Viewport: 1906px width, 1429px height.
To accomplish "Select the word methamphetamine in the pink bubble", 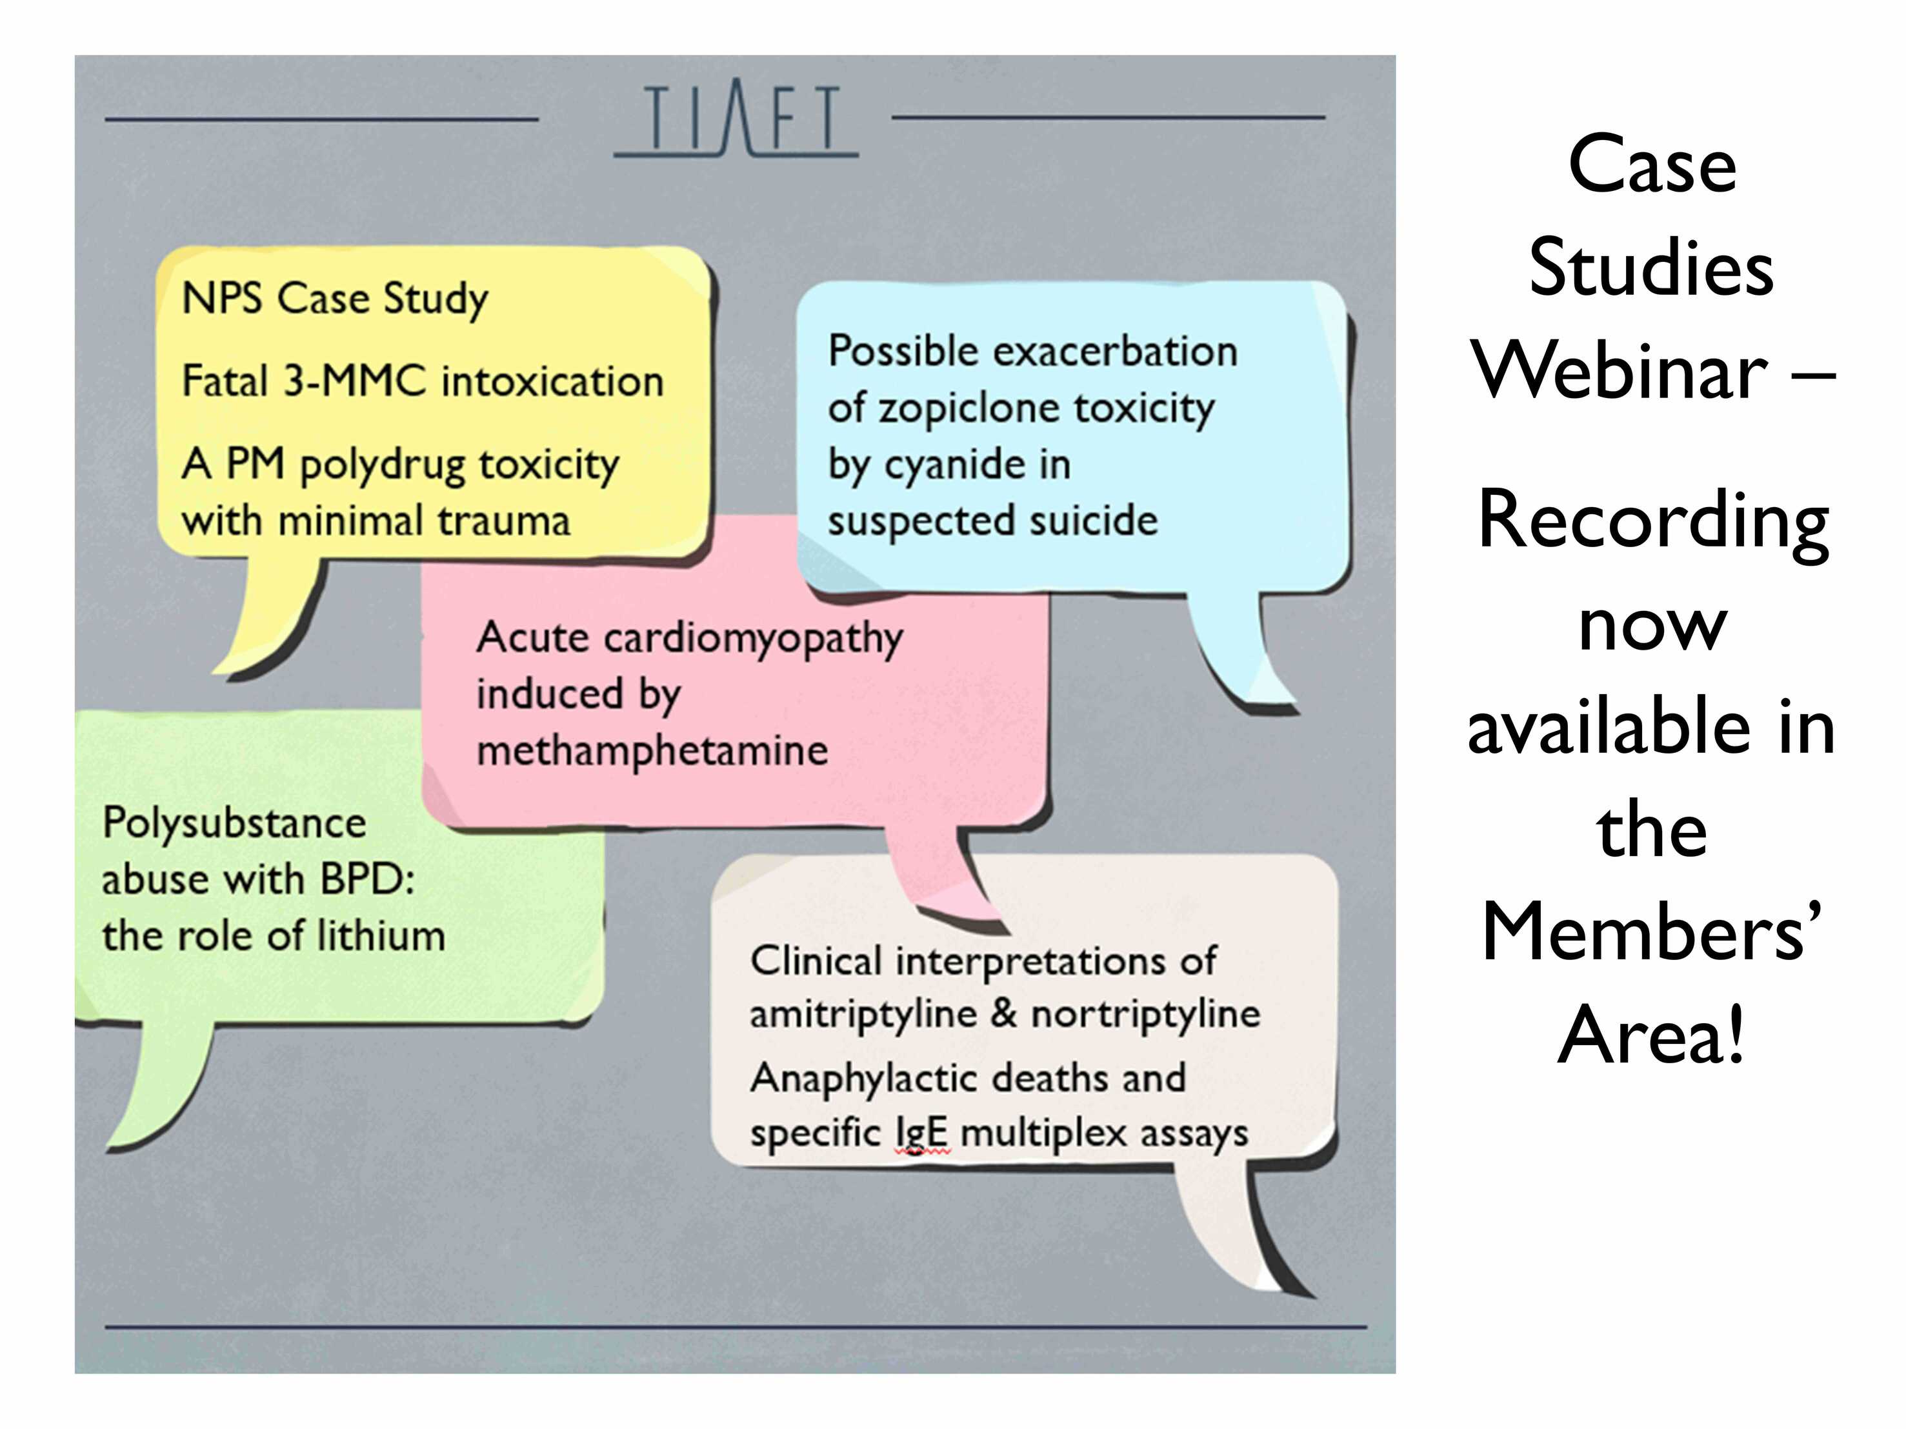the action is [x=652, y=750].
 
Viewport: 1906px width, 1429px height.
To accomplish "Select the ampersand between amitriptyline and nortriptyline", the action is [x=1004, y=1013].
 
